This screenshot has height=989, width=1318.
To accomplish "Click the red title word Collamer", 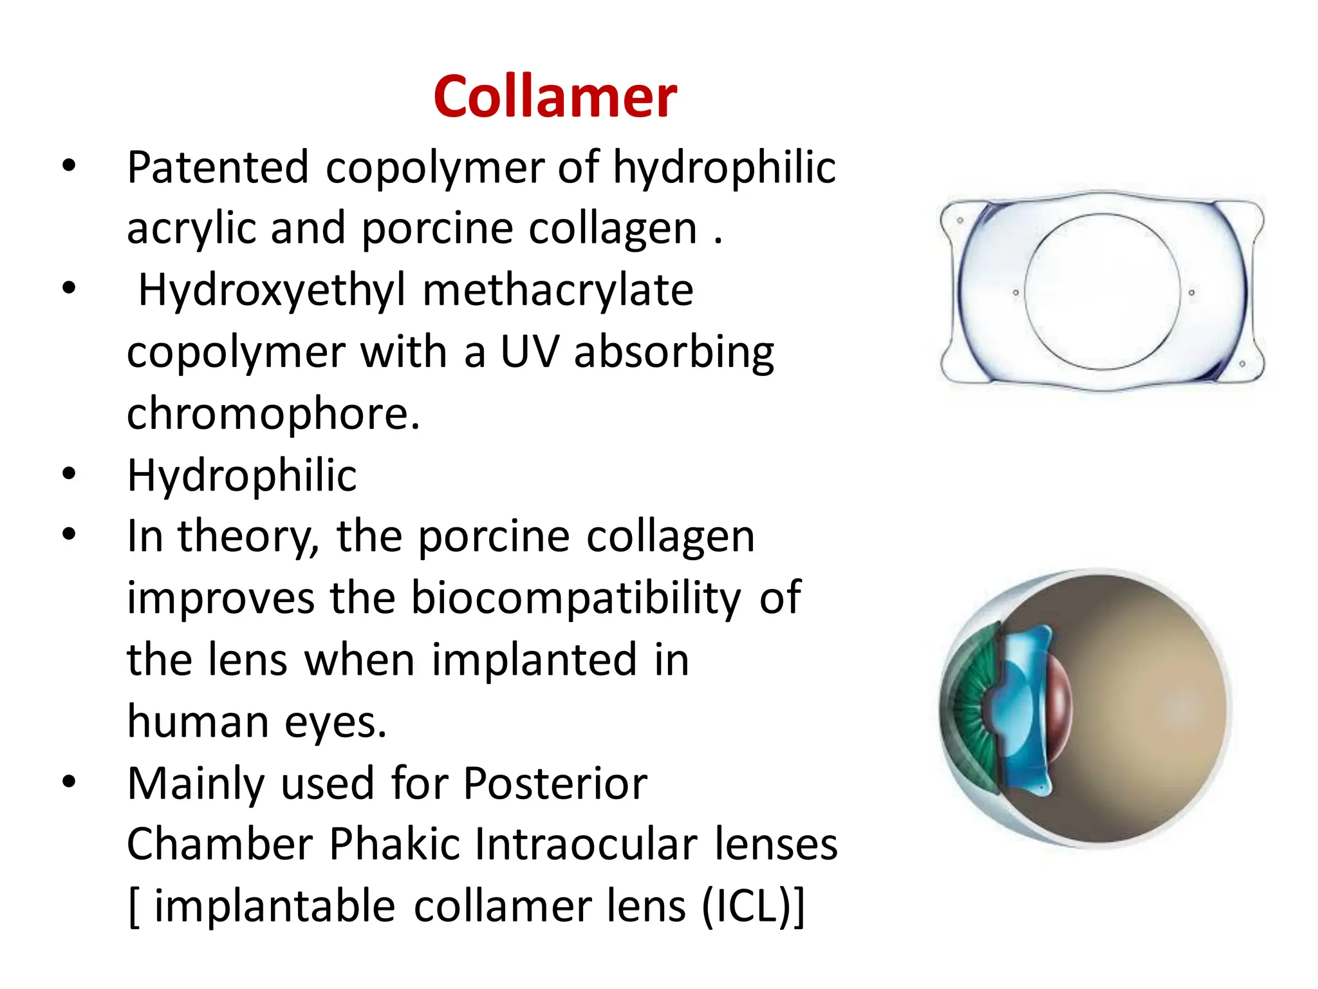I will click(x=555, y=97).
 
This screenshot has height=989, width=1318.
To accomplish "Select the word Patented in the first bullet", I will click(x=218, y=167).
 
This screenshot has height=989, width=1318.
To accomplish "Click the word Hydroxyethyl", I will click(x=272, y=290).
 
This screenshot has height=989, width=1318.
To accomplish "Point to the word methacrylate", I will click(x=558, y=290).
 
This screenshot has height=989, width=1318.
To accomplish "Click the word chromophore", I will click(x=273, y=413).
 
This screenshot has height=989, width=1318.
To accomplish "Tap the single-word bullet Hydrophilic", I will click(x=242, y=475).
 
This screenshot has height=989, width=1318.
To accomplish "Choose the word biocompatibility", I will click(x=576, y=598).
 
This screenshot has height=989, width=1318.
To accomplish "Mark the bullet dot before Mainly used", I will click(x=69, y=782).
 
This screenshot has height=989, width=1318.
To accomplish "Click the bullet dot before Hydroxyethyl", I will click(x=69, y=288).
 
